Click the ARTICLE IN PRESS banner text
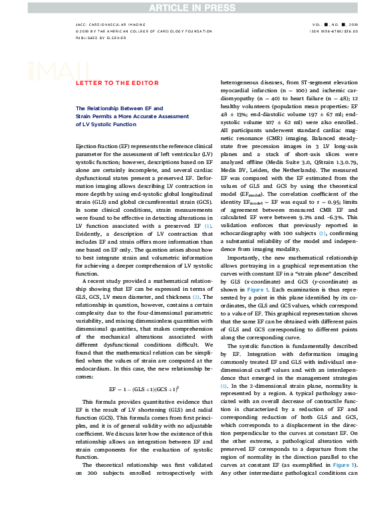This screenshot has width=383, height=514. click(191, 7)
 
